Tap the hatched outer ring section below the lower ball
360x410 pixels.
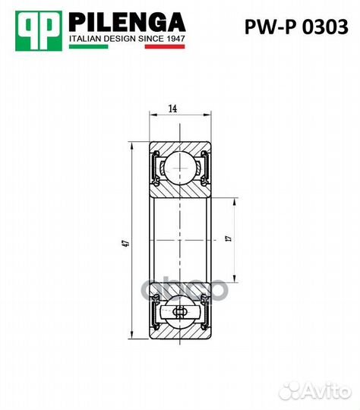[181, 335]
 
